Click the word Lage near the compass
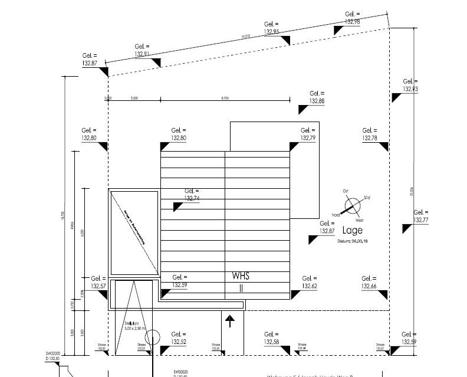(353, 231)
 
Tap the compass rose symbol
(353, 205)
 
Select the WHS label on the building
(241, 276)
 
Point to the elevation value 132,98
(353, 21)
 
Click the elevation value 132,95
(272, 31)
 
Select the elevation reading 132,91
(142, 54)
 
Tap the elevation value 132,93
(410, 89)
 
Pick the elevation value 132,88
(317, 101)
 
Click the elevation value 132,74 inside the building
(192, 199)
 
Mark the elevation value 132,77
(421, 220)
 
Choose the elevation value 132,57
(98, 286)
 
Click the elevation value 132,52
(179, 342)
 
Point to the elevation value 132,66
(369, 286)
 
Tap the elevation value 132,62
(309, 286)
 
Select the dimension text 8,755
(225, 99)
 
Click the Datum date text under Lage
(353, 241)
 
